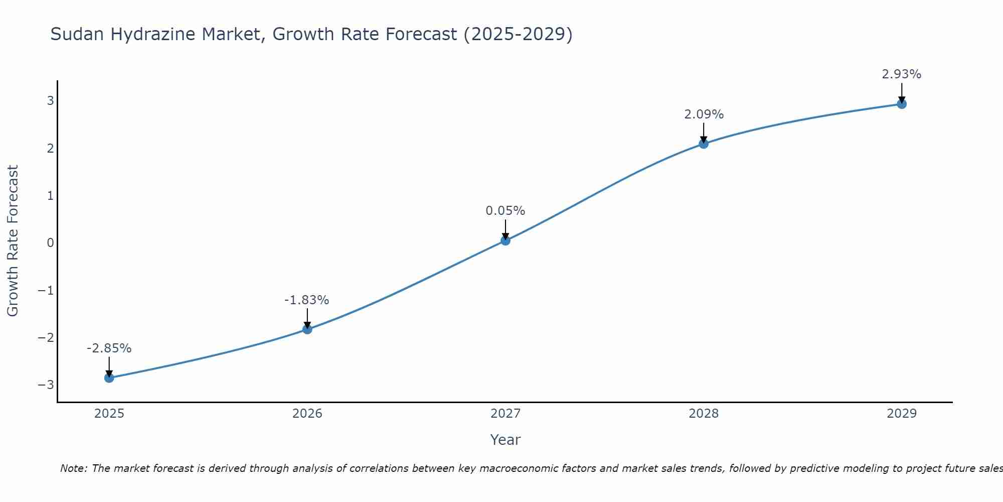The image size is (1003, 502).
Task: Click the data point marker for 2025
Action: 109,378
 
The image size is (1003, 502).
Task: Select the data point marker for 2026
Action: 307,329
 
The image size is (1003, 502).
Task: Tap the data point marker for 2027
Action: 506,240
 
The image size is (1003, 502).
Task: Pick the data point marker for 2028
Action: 704,144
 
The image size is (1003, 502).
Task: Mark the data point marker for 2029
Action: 902,104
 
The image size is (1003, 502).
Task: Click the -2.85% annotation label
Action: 109,348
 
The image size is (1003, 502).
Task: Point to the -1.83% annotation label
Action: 307,300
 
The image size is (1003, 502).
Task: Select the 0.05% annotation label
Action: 506,211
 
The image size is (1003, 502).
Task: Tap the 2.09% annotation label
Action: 704,114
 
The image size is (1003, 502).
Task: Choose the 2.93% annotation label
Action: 902,74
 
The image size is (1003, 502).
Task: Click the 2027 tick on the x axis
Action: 506,414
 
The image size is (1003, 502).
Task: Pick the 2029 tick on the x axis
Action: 902,414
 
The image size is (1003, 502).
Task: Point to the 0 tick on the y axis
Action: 50,243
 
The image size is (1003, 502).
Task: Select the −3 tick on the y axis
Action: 46,385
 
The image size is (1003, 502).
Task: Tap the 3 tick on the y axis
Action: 50,101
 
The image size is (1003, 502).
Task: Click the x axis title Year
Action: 506,440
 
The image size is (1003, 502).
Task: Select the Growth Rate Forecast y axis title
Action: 13,241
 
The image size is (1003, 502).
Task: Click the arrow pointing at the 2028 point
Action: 704,133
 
